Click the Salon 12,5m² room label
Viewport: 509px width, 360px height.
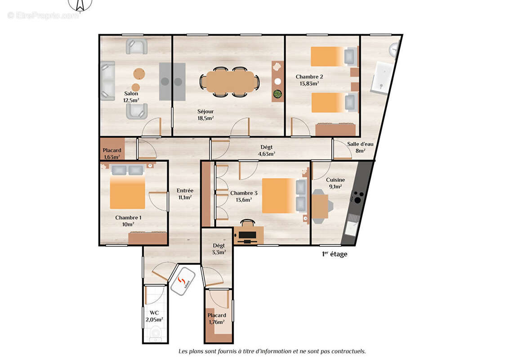tap(131, 97)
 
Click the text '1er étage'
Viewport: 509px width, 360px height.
tap(334, 254)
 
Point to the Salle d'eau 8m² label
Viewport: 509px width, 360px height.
tap(360, 147)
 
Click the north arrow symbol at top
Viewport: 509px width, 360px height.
tap(81, 5)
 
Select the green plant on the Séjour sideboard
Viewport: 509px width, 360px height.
tap(278, 94)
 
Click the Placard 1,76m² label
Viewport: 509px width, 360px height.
tap(217, 318)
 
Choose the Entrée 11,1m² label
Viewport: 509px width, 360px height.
tap(184, 193)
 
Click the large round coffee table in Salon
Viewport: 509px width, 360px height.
tap(139, 73)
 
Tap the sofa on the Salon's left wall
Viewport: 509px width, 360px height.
tap(107, 81)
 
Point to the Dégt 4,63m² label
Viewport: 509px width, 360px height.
tap(266, 150)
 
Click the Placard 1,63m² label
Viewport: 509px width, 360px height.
tap(112, 153)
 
